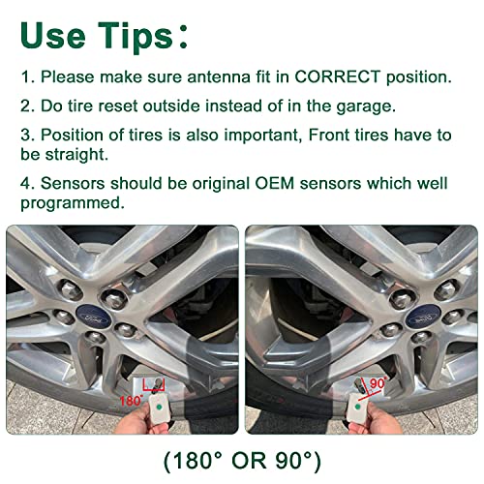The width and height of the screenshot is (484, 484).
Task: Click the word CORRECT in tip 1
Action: [337, 76]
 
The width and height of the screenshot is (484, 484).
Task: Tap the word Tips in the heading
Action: [136, 36]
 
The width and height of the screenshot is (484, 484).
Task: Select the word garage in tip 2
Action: [366, 106]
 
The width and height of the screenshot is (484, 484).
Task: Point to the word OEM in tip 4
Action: [275, 183]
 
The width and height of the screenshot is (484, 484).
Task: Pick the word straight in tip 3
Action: [76, 154]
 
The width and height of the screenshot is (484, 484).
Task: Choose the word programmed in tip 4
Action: [73, 204]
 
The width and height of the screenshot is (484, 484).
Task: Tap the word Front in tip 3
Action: [328, 135]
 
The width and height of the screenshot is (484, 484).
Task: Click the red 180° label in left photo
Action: [131, 401]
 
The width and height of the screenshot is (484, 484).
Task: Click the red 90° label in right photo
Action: [378, 383]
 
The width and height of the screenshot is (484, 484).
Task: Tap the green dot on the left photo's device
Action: [159, 408]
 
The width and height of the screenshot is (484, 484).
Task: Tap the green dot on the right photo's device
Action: [357, 407]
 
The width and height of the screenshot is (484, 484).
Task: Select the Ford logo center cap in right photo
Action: [423, 317]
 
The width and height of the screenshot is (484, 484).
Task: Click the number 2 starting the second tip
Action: [25, 106]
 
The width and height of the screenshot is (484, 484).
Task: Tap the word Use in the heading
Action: [53, 36]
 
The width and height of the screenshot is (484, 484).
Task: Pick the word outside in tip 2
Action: [171, 106]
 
